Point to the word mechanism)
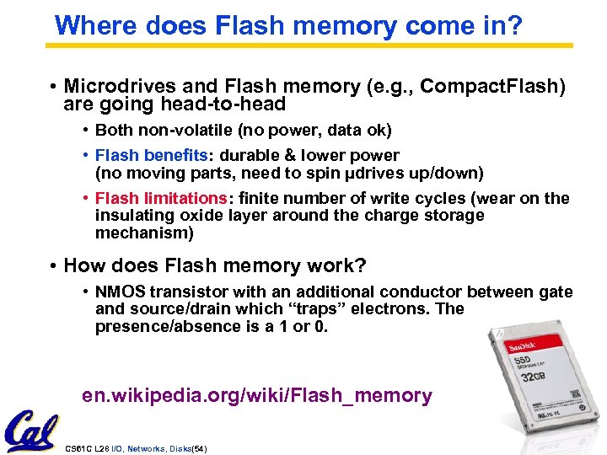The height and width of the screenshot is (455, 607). (x=144, y=233)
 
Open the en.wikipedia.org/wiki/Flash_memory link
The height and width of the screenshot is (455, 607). (x=257, y=396)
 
